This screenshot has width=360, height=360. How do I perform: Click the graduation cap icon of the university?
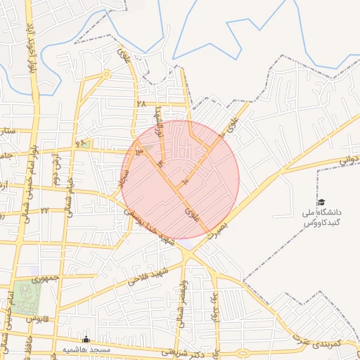click(x=321, y=202)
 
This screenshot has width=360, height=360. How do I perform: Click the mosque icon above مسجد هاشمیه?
click(x=86, y=340)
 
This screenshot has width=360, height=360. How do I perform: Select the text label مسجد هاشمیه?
click(x=86, y=349)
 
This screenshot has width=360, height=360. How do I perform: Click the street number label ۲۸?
click(x=141, y=103)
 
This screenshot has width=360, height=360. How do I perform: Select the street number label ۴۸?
click(x=79, y=143)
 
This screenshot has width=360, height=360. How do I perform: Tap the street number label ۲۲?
click(x=45, y=210)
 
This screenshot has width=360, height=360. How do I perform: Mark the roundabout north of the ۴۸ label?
click(x=107, y=74)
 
